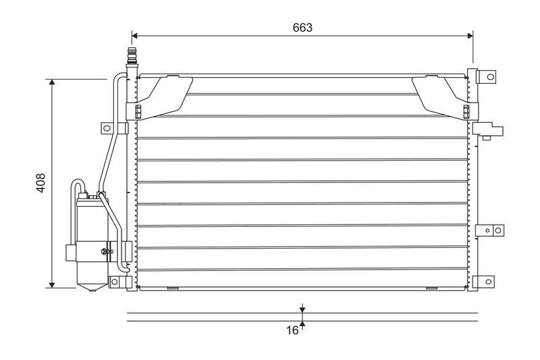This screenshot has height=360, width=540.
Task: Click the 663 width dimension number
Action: click(302, 28)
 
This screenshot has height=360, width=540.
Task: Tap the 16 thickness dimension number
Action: click(291, 330)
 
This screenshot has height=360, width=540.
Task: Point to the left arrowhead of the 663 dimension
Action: click(135, 35)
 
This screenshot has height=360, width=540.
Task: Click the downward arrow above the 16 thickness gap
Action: click(302, 309)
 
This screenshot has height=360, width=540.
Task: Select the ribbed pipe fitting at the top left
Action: click(132, 56)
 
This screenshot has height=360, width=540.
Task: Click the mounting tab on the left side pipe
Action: click(105, 128)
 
